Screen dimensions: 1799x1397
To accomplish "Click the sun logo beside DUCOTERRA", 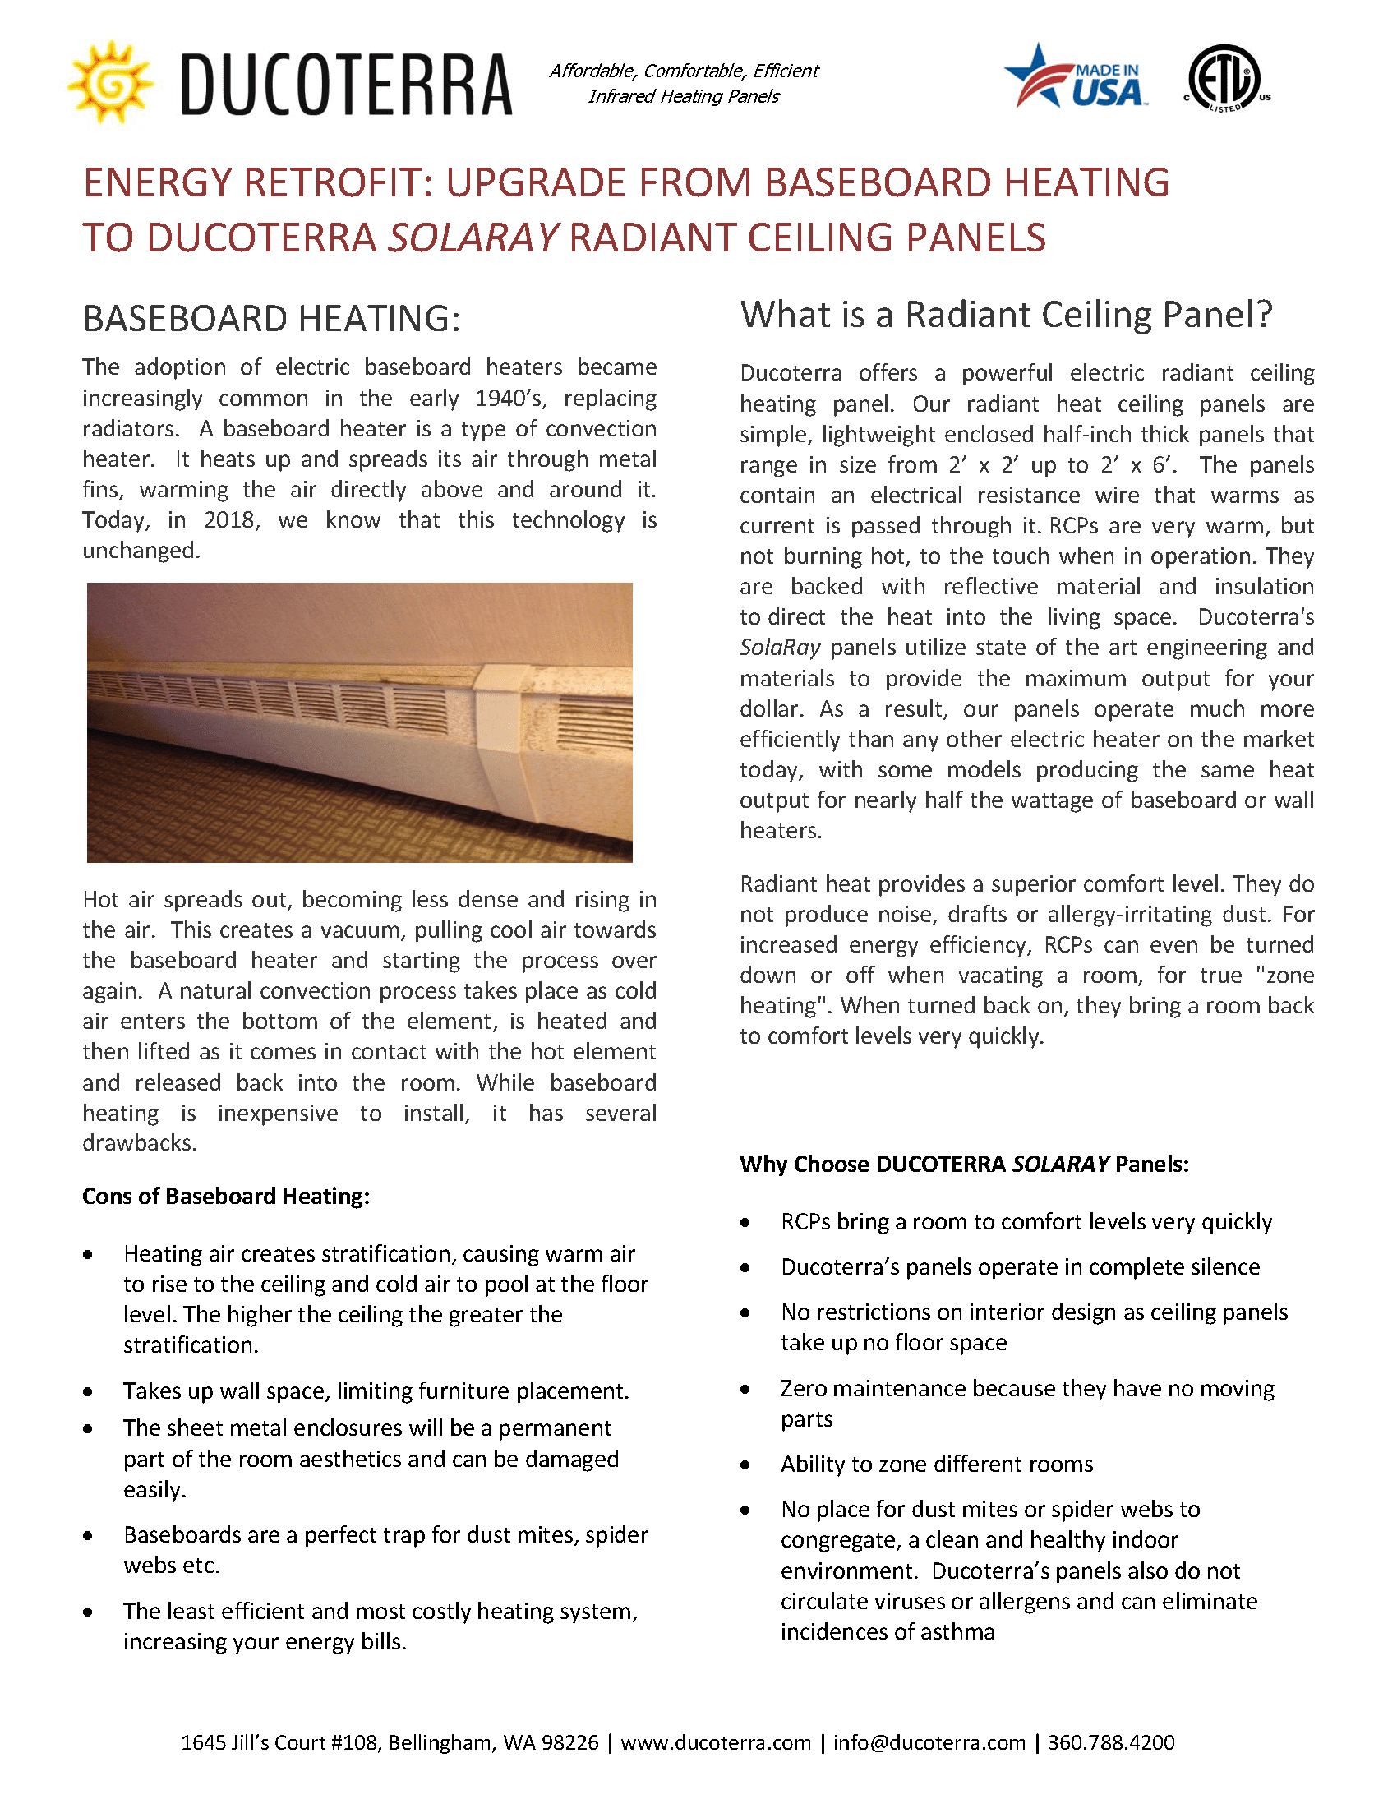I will (110, 82).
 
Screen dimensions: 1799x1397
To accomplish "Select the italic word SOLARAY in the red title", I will (473, 238).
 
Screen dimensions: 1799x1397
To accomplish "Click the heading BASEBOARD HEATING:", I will (271, 319).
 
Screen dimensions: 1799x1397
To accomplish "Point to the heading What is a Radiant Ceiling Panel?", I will (1006, 315).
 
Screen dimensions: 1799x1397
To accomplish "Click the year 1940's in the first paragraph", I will (510, 399).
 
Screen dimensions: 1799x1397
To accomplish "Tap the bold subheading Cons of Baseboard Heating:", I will (226, 1196).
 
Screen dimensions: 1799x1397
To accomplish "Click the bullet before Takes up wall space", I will (88, 1392).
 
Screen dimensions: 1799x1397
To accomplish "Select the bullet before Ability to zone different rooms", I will (745, 1465).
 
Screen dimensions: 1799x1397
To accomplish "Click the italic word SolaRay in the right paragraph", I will (779, 648).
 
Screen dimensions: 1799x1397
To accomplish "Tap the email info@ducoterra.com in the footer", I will (929, 1743).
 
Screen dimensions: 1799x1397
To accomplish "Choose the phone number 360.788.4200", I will (1110, 1743).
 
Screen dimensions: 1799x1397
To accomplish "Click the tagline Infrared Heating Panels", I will (684, 96).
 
